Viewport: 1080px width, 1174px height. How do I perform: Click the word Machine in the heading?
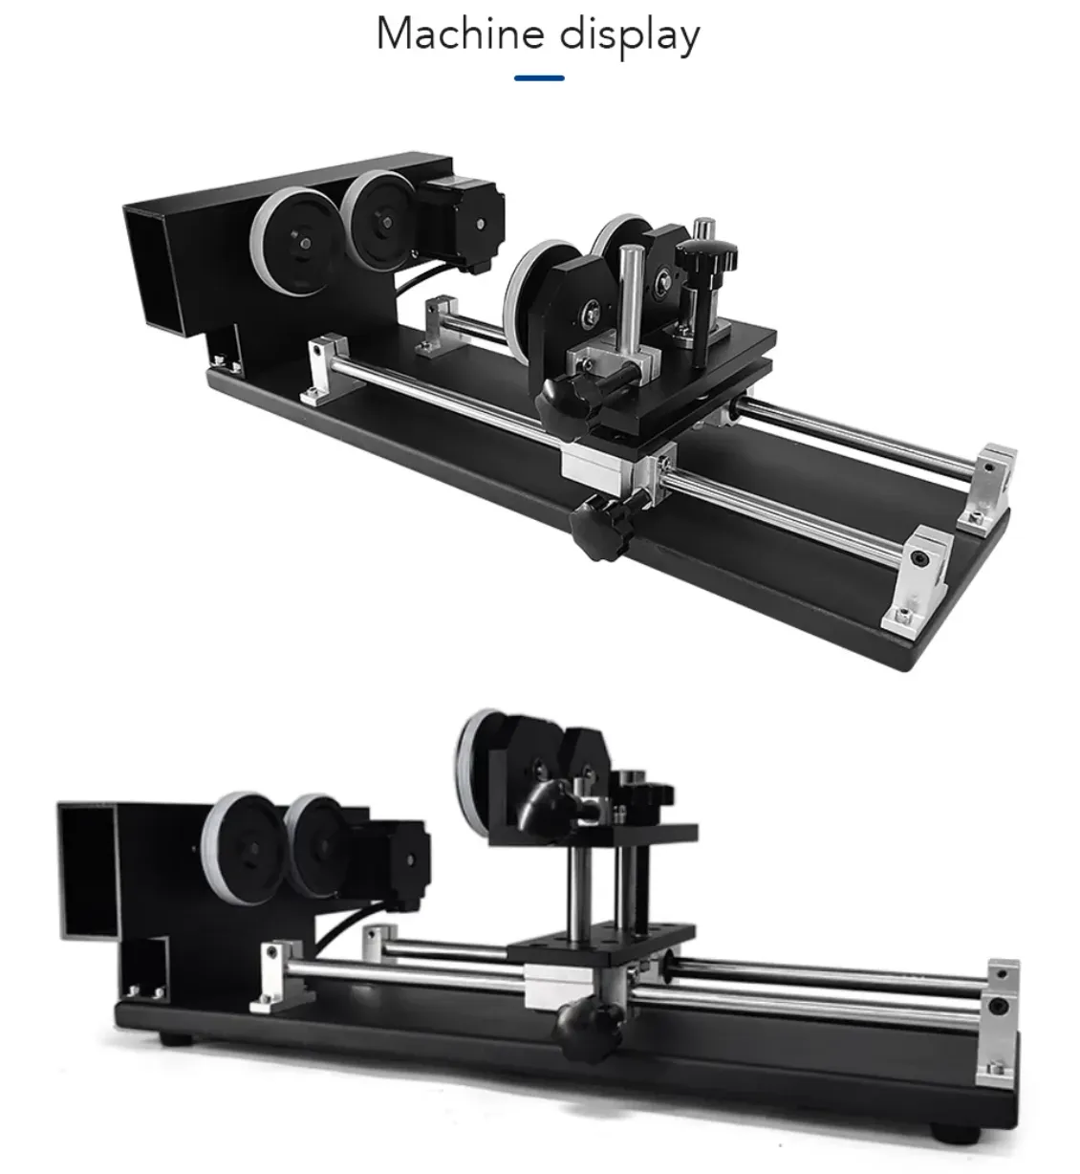(x=461, y=33)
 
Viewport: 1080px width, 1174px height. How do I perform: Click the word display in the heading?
(x=630, y=36)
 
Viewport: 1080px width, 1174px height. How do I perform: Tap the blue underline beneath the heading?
(x=539, y=77)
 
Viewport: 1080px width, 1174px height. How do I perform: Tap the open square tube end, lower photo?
(x=88, y=871)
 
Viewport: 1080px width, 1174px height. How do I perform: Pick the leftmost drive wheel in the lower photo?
(x=244, y=847)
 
